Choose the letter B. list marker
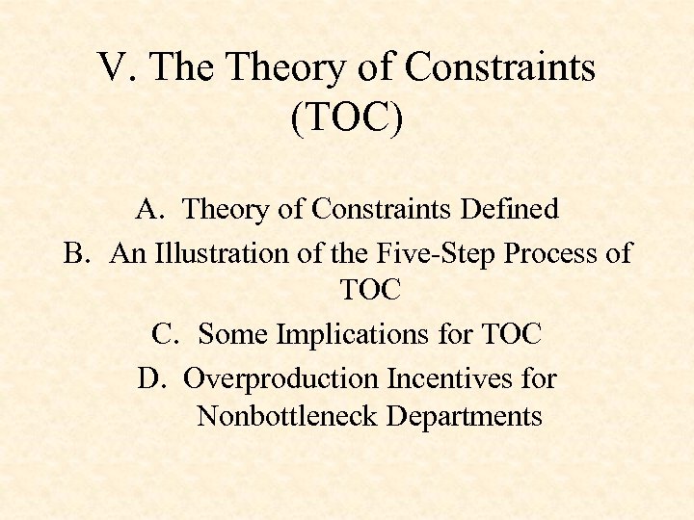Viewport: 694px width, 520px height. (x=77, y=253)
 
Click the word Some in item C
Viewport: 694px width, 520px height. (x=233, y=334)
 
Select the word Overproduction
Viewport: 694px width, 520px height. (x=281, y=378)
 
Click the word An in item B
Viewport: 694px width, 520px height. (x=125, y=253)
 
